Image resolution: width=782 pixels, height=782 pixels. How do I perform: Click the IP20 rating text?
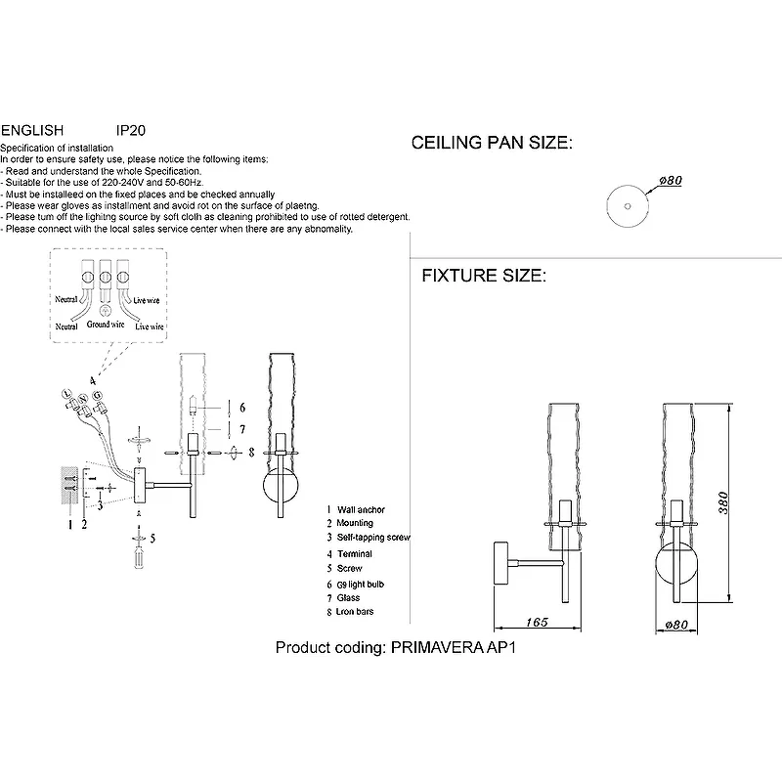tap(131, 129)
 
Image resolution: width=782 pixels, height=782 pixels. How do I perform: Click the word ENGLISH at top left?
tap(32, 129)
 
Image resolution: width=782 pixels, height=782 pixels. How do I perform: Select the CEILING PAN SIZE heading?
tap(491, 144)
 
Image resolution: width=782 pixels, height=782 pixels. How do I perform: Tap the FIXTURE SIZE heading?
tap(483, 277)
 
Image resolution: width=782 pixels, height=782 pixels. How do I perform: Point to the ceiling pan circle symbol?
tap(622, 202)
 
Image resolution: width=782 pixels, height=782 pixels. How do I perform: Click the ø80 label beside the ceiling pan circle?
tap(670, 181)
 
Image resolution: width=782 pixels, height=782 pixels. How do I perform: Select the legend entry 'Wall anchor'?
tap(361, 510)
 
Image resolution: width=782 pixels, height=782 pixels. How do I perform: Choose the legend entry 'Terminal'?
tap(354, 554)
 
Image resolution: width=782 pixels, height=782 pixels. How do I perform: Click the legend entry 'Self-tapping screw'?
tap(373, 539)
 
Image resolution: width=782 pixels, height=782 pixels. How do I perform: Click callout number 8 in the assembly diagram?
tap(251, 453)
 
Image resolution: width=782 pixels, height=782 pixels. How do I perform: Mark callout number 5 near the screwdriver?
tap(153, 537)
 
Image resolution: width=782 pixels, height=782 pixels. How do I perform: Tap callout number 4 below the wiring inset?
tap(92, 378)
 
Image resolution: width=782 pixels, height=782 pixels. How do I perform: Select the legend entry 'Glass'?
tap(348, 598)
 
